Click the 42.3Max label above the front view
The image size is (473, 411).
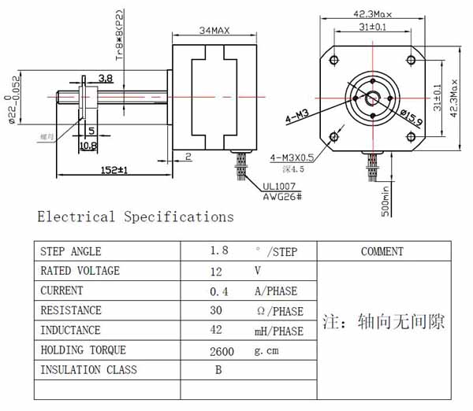(x=371, y=14)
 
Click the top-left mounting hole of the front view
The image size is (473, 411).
(x=334, y=61)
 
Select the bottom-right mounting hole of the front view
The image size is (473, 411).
(x=410, y=136)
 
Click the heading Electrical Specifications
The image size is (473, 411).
(x=136, y=217)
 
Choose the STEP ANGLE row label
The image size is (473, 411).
(x=70, y=252)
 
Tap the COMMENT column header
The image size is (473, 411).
(x=382, y=252)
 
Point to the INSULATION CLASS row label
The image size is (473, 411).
(x=88, y=370)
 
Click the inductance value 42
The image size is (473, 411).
(x=218, y=331)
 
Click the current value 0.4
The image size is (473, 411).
(x=218, y=291)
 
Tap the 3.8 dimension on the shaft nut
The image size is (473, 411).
(x=106, y=78)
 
